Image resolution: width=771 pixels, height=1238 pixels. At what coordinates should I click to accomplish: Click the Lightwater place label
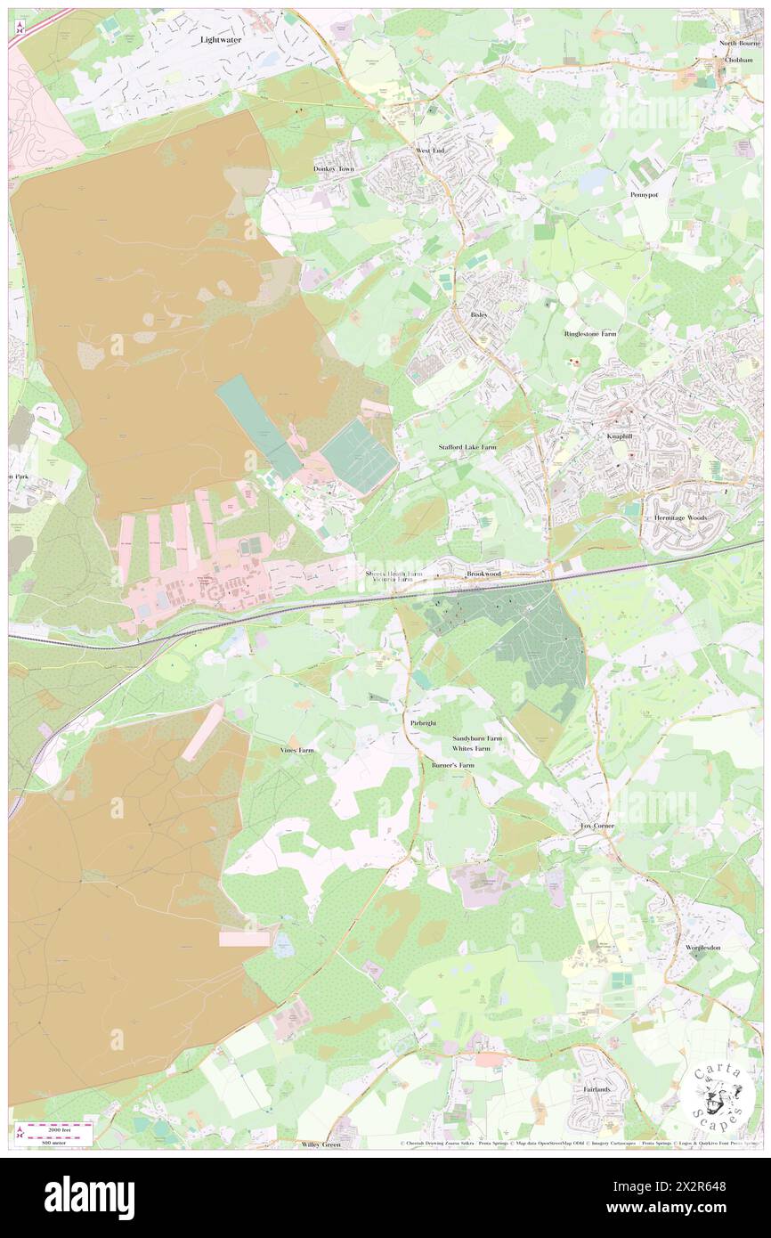click(222, 40)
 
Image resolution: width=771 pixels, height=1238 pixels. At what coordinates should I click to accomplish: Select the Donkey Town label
click(334, 168)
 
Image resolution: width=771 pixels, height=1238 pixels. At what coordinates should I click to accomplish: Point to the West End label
click(429, 151)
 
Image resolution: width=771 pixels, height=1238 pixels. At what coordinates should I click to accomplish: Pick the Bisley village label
click(479, 315)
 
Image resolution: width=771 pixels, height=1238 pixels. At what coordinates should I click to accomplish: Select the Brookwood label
click(484, 574)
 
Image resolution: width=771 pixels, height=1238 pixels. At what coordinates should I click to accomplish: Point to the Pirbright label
click(424, 723)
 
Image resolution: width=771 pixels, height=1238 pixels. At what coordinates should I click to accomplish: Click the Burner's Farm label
click(453, 765)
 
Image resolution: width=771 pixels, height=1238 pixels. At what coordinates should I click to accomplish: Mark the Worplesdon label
click(703, 948)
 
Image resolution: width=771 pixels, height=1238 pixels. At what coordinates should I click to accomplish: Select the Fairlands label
click(594, 1089)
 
